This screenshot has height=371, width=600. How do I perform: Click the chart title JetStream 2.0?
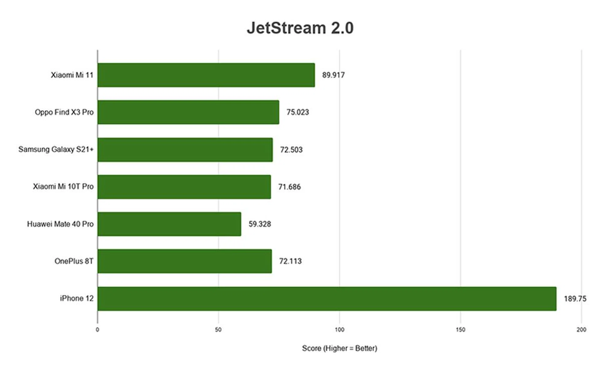300,28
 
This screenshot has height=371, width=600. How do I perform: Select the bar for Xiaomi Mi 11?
206,75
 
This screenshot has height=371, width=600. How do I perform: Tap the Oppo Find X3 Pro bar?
188,112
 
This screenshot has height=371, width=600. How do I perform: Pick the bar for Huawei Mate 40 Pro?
169,224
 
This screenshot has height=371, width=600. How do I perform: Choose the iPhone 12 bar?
327,299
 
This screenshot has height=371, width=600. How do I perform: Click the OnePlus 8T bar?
184,261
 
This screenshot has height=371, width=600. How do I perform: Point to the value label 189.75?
575,299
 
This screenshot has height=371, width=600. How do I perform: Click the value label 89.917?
333,75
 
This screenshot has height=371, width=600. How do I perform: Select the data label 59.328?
259,224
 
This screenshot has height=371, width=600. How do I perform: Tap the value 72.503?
291,150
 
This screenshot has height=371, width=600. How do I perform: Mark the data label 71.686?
289,187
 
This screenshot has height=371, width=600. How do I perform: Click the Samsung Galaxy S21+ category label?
56,149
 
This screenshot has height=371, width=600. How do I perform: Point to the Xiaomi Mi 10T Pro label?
63,186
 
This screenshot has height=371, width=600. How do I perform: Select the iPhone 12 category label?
77,298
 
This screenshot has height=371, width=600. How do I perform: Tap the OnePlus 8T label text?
74,261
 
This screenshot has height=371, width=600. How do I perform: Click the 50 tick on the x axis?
218,330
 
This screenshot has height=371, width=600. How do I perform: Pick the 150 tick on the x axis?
460,330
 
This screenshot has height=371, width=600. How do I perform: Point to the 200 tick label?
581,330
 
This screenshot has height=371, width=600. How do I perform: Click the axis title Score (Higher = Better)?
339,348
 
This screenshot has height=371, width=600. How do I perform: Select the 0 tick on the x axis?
97,330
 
